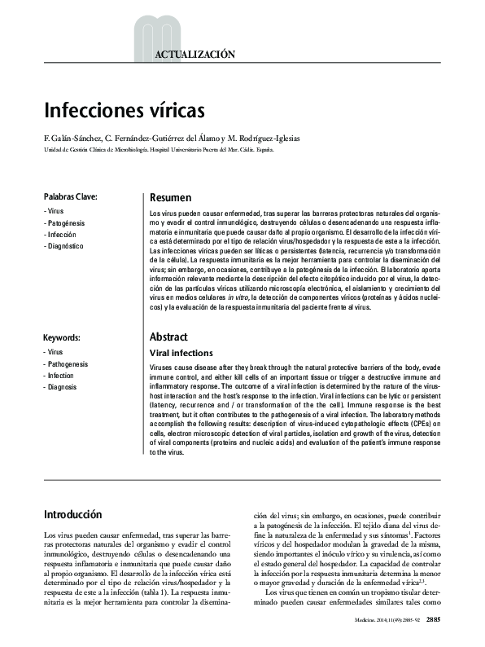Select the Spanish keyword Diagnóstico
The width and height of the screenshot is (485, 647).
pyautogui.click(x=65, y=245)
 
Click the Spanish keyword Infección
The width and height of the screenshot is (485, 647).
pyautogui.click(x=63, y=234)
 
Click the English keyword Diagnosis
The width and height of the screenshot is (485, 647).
pyautogui.click(x=64, y=387)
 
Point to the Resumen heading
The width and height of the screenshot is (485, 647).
pyautogui.click(x=171, y=197)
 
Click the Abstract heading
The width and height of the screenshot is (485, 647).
pyautogui.click(x=169, y=337)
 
